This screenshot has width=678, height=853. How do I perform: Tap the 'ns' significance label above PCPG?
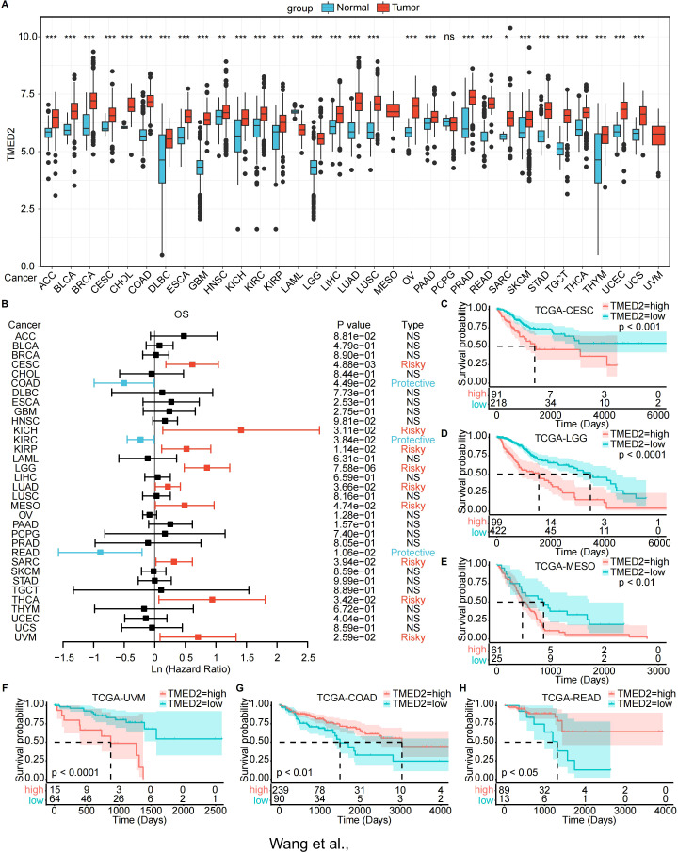[x=449, y=37]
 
